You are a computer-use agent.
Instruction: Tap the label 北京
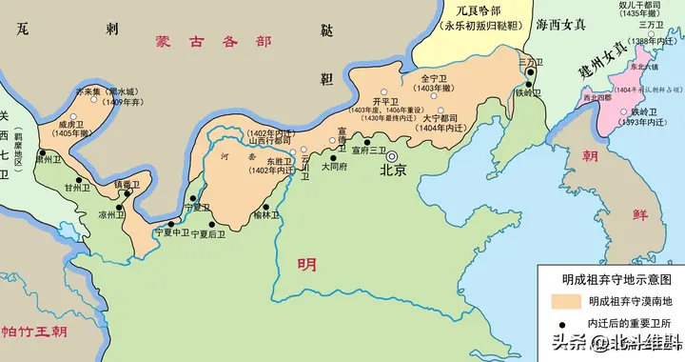393,172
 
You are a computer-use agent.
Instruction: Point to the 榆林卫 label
267,216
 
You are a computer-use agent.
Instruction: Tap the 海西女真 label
560,26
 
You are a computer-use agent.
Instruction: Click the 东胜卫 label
278,162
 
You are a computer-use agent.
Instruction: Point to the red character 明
306,264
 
